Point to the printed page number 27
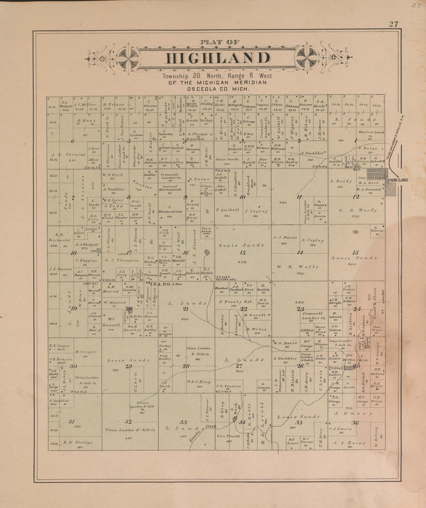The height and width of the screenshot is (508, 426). coord(394,24)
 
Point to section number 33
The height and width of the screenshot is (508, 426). coord(183,422)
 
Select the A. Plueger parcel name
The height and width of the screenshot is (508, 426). coord(198,134)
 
